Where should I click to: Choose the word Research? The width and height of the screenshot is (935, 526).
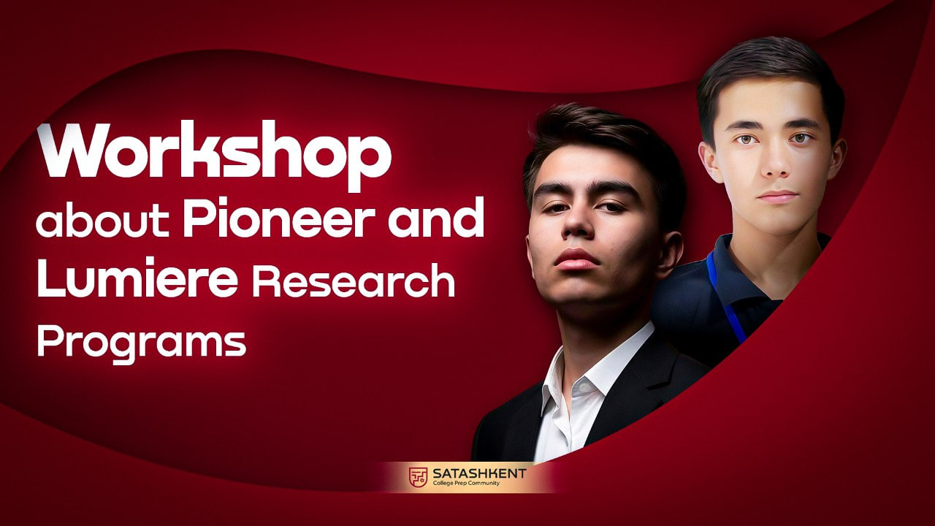353,282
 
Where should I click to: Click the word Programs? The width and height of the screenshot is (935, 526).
141,342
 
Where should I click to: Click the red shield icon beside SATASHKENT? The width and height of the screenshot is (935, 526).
419,477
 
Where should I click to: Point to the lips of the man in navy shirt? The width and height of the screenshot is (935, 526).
777,197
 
